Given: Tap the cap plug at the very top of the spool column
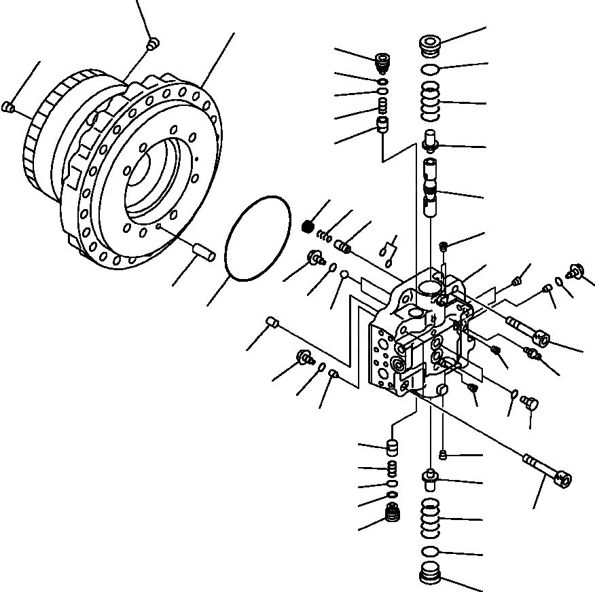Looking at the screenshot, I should [x=429, y=45].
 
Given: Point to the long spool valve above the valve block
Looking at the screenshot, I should [x=431, y=187].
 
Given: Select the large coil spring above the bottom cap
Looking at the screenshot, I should [x=430, y=519].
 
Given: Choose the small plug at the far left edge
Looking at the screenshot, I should [x=9, y=106].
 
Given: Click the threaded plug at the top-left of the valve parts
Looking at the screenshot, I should [x=384, y=64].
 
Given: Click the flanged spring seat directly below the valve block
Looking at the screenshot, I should [x=431, y=479].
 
